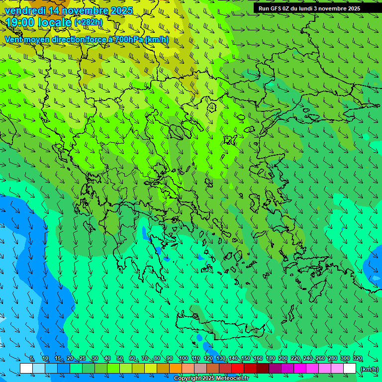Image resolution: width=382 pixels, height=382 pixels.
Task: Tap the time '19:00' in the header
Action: [20, 22]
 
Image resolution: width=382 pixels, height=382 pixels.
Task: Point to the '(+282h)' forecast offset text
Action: [88, 22]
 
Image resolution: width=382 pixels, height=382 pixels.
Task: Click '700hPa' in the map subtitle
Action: [127, 39]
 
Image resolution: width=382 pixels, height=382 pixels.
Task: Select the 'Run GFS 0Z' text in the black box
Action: [275, 8]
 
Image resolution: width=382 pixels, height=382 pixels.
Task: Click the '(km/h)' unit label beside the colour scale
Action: [370, 369]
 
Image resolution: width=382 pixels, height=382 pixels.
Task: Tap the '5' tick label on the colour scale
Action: [32, 359]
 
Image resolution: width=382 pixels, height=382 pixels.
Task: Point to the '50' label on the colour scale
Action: [120, 359]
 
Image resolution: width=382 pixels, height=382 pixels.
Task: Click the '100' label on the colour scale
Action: [183, 359]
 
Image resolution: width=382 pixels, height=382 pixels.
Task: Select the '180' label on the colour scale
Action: [271, 359]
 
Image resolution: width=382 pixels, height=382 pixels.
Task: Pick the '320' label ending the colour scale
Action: [358, 359]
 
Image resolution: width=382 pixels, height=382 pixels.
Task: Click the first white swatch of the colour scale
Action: [26, 369]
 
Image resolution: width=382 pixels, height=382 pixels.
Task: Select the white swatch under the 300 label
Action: [350, 369]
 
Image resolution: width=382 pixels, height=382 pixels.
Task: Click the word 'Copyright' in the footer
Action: [187, 379]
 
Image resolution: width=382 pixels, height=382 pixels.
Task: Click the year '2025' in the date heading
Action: [121, 10]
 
